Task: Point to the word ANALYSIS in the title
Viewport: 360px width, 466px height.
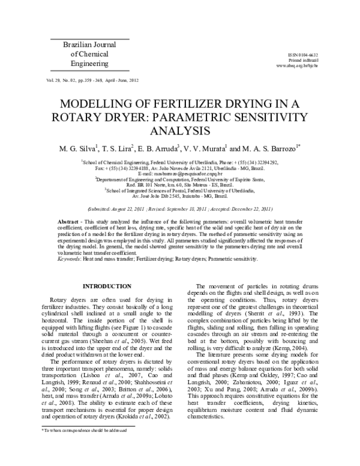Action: [x=180, y=130]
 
